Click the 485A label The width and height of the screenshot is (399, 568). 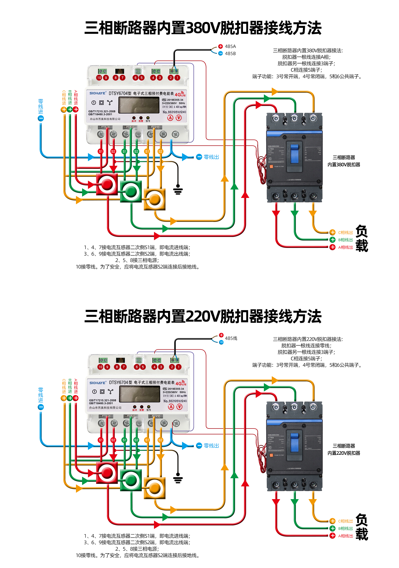(x=230, y=46)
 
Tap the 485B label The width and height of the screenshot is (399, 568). (x=230, y=54)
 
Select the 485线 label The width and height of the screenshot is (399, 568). (x=231, y=338)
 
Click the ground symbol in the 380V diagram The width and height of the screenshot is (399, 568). (x=178, y=190)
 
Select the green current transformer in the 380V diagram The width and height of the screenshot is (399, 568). (x=131, y=192)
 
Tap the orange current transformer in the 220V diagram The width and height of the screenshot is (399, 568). (x=155, y=488)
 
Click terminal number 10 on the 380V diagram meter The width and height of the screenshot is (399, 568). (x=99, y=78)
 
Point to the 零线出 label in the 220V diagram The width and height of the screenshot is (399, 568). (x=211, y=446)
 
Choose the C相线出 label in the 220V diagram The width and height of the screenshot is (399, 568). (x=345, y=521)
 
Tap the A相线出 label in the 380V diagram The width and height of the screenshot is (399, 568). (x=345, y=247)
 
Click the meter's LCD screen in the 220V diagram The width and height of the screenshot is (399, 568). (x=139, y=394)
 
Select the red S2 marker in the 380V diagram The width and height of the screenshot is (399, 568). (x=113, y=152)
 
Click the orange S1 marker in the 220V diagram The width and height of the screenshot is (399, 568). (x=147, y=440)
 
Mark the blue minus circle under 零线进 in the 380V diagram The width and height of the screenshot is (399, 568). (x=41, y=118)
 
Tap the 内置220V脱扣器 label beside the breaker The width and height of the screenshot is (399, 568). (x=344, y=453)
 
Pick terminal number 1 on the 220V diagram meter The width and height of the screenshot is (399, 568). (x=179, y=367)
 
